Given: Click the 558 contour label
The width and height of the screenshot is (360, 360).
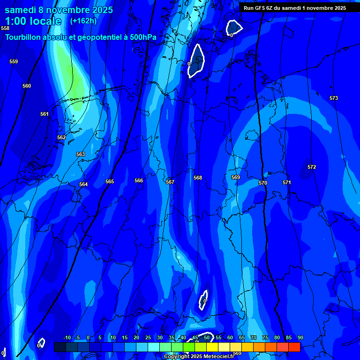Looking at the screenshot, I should click(x=5, y=29).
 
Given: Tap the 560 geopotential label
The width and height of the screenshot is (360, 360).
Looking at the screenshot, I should click(x=27, y=86).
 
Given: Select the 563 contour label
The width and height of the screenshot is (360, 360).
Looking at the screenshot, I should click(x=81, y=154).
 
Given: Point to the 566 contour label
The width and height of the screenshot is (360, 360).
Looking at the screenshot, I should click(x=139, y=180).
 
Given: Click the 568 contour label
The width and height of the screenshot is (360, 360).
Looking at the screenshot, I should click(x=198, y=178).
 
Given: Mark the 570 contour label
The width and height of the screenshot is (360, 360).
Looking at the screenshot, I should click(x=263, y=183).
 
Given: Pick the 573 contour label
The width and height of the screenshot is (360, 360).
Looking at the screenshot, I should click(x=334, y=98).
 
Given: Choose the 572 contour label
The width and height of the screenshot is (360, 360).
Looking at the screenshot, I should click(x=312, y=167).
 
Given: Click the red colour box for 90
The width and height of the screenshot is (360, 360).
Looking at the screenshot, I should click(x=294, y=347).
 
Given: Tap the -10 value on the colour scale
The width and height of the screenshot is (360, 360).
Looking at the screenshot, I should click(x=67, y=338).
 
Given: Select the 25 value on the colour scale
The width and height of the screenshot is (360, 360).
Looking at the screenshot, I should click(x=148, y=338).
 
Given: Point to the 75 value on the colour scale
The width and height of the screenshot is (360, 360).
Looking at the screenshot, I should click(x=265, y=338).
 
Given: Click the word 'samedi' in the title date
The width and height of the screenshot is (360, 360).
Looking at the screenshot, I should click(x=21, y=10).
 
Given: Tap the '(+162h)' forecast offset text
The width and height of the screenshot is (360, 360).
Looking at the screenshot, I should click(x=83, y=21).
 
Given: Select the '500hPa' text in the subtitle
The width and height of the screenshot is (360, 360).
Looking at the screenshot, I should click(x=142, y=37).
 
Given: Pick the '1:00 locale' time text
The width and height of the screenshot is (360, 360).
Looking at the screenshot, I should click(x=33, y=22).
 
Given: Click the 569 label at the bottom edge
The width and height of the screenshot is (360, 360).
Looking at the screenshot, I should click(x=237, y=353).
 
